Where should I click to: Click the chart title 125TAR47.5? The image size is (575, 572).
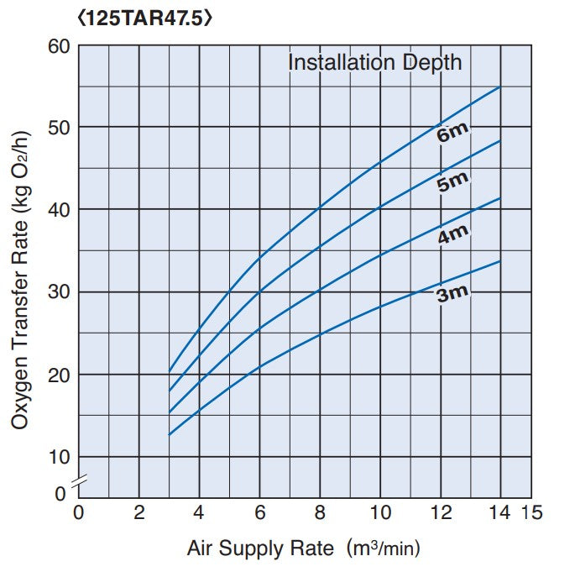pyautogui.click(x=144, y=18)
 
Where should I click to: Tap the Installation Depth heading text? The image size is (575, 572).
pyautogui.click(x=374, y=62)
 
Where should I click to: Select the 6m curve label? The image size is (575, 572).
pyautogui.click(x=452, y=133)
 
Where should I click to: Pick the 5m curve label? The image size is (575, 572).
pyautogui.click(x=453, y=182)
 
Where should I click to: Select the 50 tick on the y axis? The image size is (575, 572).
pyautogui.click(x=59, y=128)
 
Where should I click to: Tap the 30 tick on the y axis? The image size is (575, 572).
pyautogui.click(x=59, y=292)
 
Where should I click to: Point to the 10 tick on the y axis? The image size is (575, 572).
pyautogui.click(x=59, y=457)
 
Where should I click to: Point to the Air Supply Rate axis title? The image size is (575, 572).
pyautogui.click(x=302, y=549)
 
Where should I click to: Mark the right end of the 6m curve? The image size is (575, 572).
pyautogui.click(x=500, y=87)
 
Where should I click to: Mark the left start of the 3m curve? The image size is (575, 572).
pyautogui.click(x=169, y=435)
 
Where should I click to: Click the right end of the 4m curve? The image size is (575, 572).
pyautogui.click(x=500, y=198)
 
